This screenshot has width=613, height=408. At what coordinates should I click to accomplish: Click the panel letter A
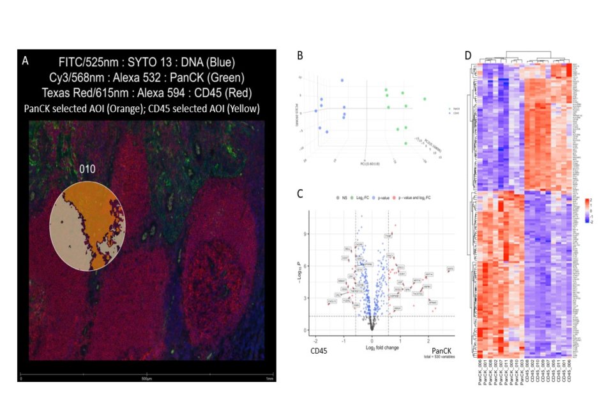pyautogui.click(x=25, y=61)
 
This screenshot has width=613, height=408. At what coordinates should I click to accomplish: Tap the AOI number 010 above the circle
pyautogui.click(x=87, y=170)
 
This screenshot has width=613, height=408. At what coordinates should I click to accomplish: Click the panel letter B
pyautogui.click(x=300, y=55)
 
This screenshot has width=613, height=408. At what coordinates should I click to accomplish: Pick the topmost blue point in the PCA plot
pyautogui.click(x=342, y=80)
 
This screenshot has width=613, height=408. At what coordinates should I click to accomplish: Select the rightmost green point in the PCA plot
pyautogui.click(x=425, y=99)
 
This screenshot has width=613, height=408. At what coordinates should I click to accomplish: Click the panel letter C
pyautogui.click(x=300, y=196)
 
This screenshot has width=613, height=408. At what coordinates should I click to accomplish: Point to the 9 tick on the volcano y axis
pyautogui.click(x=307, y=234)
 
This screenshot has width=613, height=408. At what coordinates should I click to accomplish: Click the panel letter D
pyautogui.click(x=467, y=55)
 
